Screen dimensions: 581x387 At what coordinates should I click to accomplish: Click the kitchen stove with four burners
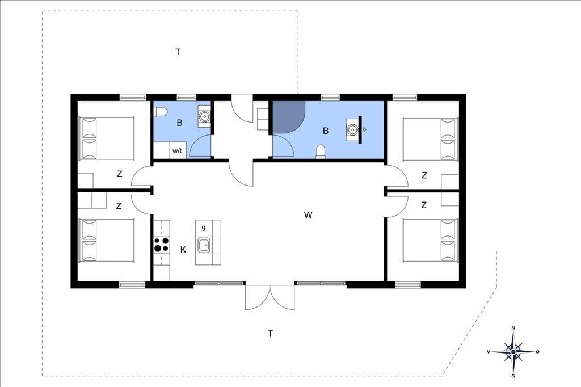click(162, 244)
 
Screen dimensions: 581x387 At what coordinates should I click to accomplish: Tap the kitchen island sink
click(204, 245)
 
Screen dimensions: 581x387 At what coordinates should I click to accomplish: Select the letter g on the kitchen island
click(204, 227)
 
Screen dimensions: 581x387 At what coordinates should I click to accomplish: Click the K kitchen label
click(183, 250)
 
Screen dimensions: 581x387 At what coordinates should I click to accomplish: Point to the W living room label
click(308, 215)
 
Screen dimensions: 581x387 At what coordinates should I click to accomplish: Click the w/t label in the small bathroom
click(177, 151)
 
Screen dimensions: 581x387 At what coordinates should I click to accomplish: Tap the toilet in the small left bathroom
click(161, 112)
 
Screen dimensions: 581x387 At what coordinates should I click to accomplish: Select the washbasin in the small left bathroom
click(204, 116)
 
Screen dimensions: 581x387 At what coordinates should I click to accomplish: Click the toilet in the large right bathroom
click(321, 152)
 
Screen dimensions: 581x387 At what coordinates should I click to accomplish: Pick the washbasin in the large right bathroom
click(352, 129)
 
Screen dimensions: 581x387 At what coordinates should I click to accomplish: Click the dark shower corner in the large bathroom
click(287, 116)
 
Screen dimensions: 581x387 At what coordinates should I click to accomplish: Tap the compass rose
click(513, 351)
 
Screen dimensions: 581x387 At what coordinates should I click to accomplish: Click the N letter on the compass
click(513, 327)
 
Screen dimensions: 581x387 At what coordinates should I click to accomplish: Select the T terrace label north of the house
click(178, 52)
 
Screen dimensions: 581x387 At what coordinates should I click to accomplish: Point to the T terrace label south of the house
click(270, 334)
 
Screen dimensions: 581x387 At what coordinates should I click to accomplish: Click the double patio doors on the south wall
click(270, 297)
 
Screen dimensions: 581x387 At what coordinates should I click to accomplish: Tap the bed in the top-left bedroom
click(106, 138)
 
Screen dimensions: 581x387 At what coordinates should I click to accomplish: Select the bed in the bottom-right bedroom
click(430, 240)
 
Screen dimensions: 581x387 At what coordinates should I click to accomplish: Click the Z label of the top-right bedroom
click(424, 175)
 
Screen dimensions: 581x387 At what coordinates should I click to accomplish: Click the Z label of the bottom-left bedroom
click(119, 206)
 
